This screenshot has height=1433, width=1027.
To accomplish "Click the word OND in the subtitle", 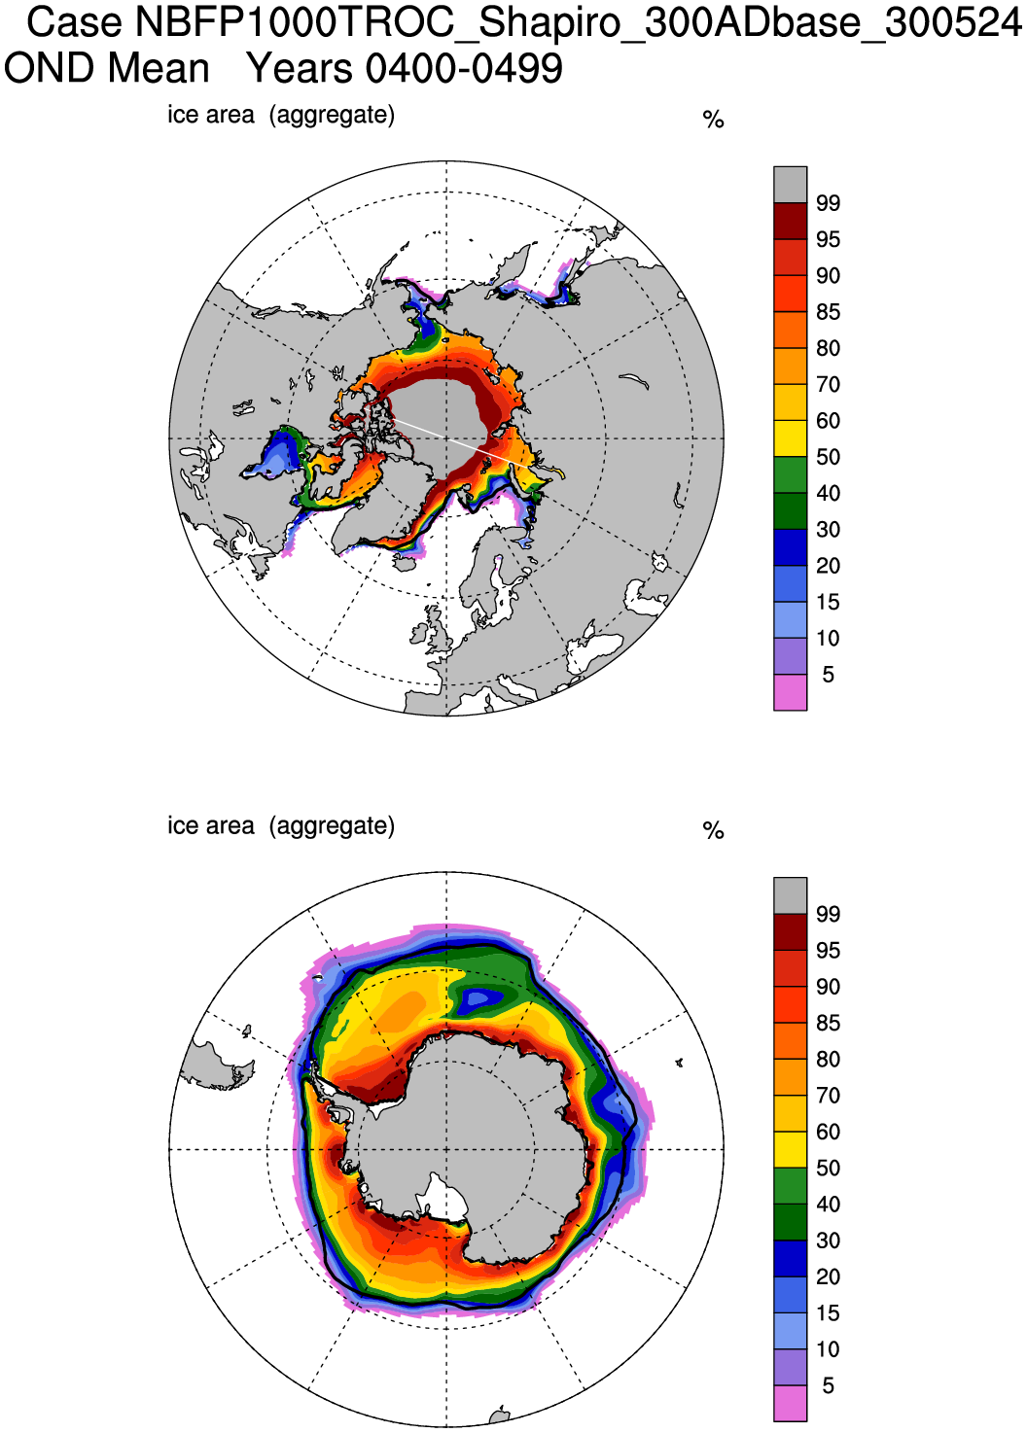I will pos(48,69).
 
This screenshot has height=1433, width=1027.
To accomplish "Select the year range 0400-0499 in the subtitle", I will pos(464,69).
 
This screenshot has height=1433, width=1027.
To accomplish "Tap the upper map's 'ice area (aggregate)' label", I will pos(281,115).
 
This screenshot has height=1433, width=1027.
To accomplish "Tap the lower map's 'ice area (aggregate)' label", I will pos(281,825).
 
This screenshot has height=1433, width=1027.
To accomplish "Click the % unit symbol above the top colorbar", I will pos(713,120).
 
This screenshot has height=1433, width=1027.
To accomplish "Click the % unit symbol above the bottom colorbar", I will pos(713,830).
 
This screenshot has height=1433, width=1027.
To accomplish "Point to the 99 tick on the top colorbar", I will pos(828,203).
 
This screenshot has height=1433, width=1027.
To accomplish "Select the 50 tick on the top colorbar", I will pos(828,457).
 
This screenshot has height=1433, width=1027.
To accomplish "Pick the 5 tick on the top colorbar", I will pos(828,675).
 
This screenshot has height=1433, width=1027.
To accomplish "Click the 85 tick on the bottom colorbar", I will pos(828,1023).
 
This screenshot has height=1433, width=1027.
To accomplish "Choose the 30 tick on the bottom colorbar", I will pos(828,1241).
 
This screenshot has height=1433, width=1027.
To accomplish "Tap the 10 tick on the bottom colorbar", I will pos(828,1349).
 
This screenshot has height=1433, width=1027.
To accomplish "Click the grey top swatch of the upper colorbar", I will pos(790,184).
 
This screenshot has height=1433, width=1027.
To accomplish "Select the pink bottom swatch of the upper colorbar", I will pos(790,692).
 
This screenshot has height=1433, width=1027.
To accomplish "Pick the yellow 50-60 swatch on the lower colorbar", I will pos(790,1150).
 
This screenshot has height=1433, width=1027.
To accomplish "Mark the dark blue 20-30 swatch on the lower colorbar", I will pos(790,1259).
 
